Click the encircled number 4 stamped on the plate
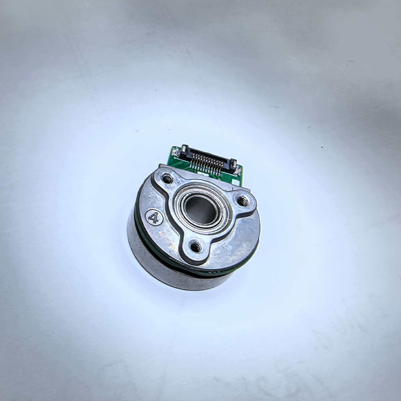[x=154, y=218]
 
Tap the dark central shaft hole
[x=201, y=210]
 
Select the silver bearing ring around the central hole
[x=202, y=209]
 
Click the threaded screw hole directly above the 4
[x=167, y=178]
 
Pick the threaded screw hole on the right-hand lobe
[x=243, y=201]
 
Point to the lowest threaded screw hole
[x=196, y=247]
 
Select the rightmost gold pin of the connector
[x=222, y=169]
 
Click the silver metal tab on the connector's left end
[x=184, y=148]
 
